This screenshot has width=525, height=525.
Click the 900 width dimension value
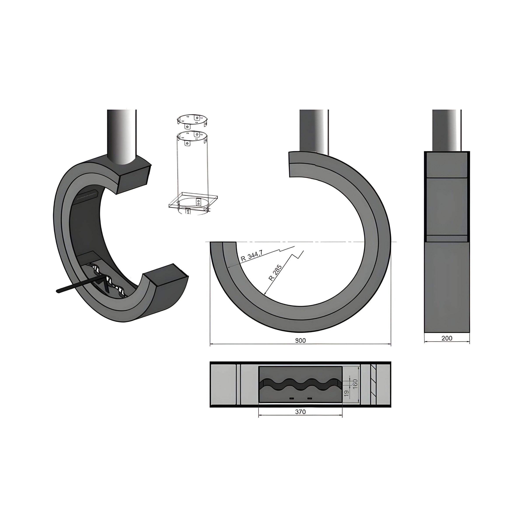click(x=300, y=341)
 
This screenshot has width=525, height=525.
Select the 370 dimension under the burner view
click(x=300, y=412)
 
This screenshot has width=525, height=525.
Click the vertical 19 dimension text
click(x=346, y=394)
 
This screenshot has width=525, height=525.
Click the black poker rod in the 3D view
click(x=80, y=285)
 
